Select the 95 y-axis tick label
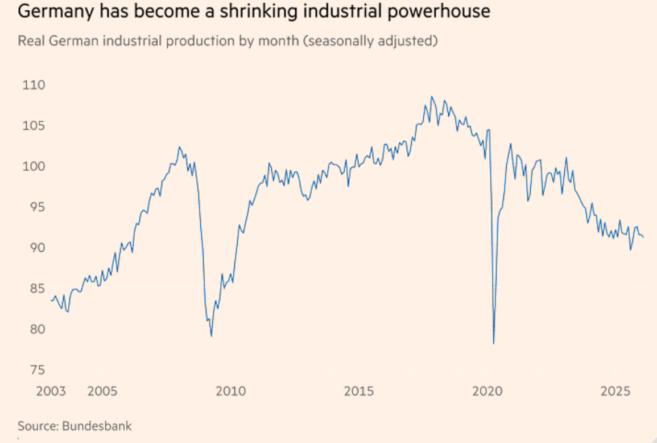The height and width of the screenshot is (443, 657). [x=31, y=207]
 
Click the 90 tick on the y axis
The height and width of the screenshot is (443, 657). [x=31, y=248]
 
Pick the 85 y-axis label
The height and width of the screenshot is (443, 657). [x=31, y=289]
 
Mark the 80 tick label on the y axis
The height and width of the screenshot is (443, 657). [x=31, y=329]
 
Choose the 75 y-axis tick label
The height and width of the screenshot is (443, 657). [x=31, y=370]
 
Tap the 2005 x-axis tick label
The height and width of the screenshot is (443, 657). [x=102, y=392]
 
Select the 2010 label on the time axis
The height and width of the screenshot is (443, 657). [x=231, y=392]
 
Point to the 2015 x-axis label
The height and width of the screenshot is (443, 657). [x=359, y=392]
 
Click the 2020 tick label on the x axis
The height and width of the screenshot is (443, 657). [x=487, y=392]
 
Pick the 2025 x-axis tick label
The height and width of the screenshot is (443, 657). [x=615, y=392]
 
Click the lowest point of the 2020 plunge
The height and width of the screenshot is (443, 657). [x=494, y=343]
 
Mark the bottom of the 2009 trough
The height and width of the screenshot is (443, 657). [x=212, y=336]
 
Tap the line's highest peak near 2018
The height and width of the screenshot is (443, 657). [x=432, y=97]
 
